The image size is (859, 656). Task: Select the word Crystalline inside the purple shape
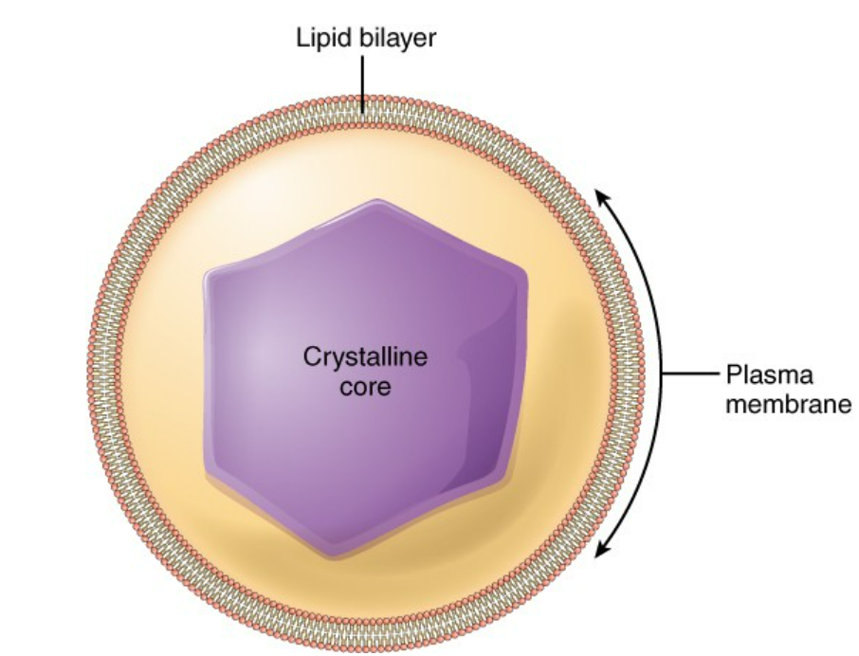(x=365, y=358)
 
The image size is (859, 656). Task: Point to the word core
(x=365, y=387)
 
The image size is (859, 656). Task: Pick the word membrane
(x=788, y=405)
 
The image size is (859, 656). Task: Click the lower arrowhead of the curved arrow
(x=601, y=552)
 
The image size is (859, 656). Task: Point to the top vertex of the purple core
(x=379, y=201)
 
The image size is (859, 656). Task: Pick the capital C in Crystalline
(x=310, y=358)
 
